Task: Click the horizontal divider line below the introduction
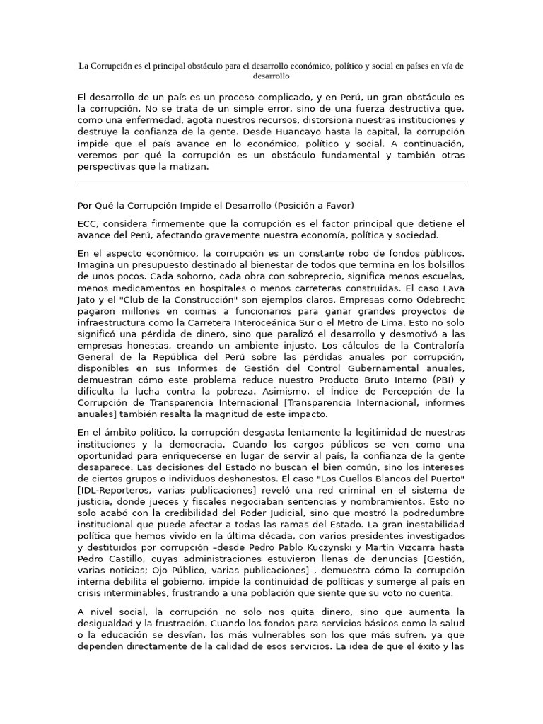[271, 182]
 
